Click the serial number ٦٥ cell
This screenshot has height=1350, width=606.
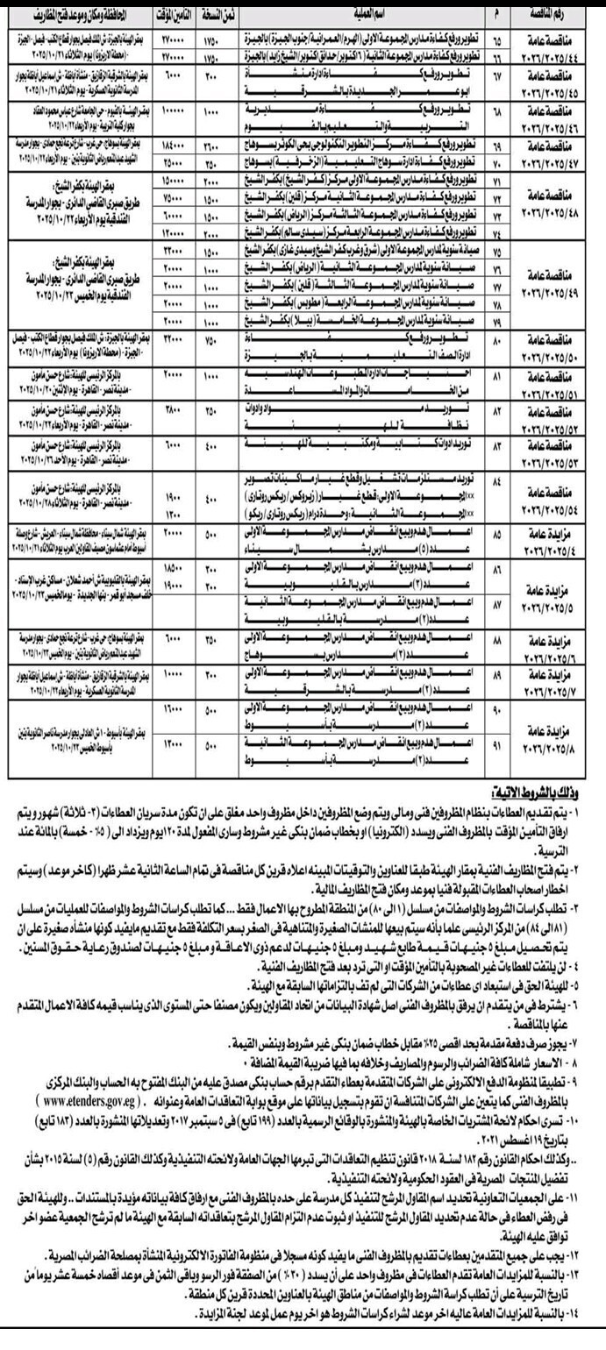point(497,39)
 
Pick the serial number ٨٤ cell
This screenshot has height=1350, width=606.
point(497,484)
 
